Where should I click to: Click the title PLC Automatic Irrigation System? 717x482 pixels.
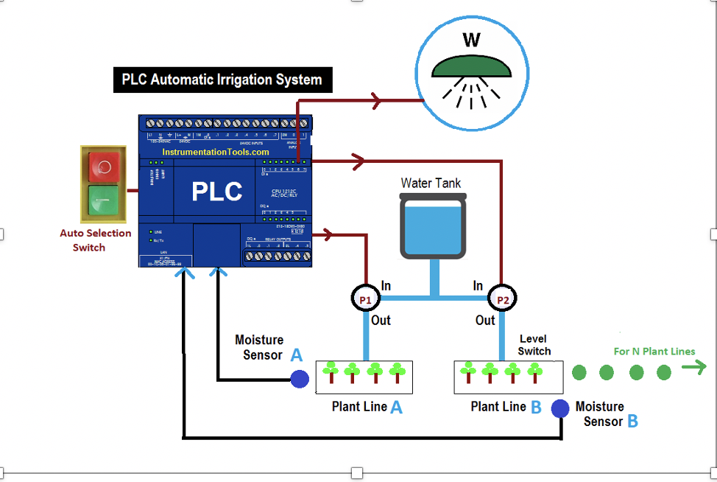click(222, 80)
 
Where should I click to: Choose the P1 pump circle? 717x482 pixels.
click(365, 299)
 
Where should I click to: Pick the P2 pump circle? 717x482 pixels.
click(503, 300)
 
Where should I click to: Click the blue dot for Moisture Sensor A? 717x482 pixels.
click(299, 379)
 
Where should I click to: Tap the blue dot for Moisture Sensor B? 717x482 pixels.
click(560, 408)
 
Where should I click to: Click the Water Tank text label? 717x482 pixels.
click(431, 182)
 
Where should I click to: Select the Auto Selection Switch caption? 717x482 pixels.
click(96, 240)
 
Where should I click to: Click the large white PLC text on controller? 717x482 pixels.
click(217, 192)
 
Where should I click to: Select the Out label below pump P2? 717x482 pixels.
click(484, 321)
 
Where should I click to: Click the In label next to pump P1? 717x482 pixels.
click(386, 285)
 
